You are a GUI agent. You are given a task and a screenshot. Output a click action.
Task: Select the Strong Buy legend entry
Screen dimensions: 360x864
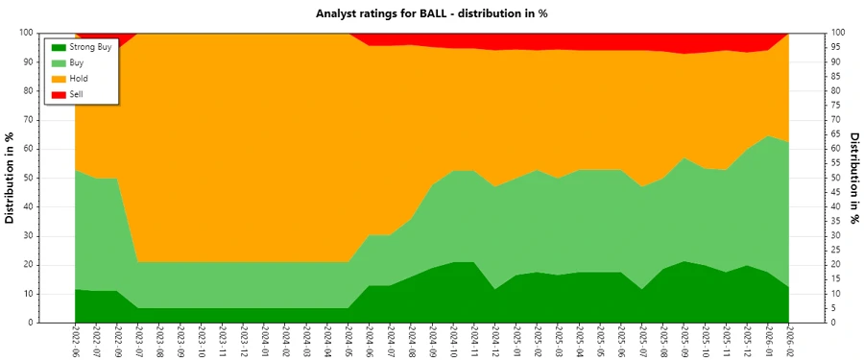pyautogui.click(x=91, y=46)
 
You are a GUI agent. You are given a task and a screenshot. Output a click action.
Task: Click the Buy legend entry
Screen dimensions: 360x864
pyautogui.click(x=77, y=62)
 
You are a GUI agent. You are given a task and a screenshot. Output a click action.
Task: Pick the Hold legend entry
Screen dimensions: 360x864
pyautogui.click(x=78, y=78)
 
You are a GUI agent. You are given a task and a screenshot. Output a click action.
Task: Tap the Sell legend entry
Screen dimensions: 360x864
pyautogui.click(x=77, y=94)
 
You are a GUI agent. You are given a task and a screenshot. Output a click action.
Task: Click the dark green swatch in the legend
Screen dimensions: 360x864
pyautogui.click(x=58, y=46)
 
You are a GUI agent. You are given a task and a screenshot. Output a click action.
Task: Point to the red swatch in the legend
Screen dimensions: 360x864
pyautogui.click(x=58, y=94)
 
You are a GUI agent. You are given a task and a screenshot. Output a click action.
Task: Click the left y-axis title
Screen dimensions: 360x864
pyautogui.click(x=11, y=178)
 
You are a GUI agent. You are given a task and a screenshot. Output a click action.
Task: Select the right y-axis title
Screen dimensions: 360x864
pyautogui.click(x=853, y=178)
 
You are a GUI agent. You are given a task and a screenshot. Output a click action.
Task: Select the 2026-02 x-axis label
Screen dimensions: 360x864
pyautogui.click(x=789, y=342)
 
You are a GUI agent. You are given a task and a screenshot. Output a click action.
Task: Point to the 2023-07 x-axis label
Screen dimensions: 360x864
pyautogui.click(x=138, y=342)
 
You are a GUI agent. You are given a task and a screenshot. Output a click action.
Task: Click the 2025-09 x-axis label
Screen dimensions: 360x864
pyautogui.click(x=684, y=342)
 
